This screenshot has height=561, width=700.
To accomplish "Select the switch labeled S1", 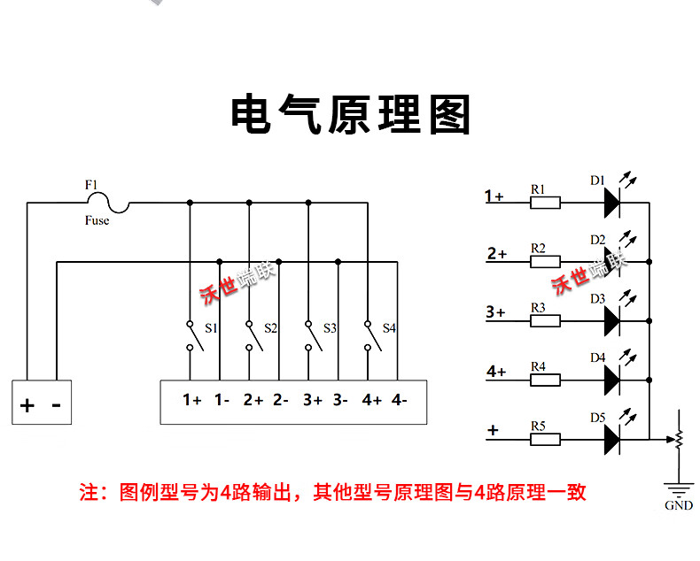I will point(190,335).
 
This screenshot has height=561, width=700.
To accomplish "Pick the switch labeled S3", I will point(308,335).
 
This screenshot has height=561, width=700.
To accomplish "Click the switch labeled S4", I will point(368,335).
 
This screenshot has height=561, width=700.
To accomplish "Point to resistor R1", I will point(544,204).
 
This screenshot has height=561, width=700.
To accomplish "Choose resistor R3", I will point(544,321).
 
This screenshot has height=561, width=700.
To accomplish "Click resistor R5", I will point(544,438).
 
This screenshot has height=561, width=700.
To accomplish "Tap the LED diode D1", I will point(612,204).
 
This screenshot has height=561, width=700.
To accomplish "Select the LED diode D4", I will point(612,380).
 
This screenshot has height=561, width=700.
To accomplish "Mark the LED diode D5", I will point(612,438).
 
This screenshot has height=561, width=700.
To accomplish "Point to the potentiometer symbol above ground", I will point(680,438).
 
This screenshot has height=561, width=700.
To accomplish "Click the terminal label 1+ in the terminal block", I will point(192,400).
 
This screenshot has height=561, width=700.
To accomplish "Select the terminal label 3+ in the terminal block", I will point(312,400).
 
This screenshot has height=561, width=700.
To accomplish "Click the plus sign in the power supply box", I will point(27,406).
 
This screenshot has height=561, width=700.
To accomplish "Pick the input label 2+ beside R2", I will point(497,254).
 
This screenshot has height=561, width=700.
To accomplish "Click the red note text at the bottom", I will point(332,493).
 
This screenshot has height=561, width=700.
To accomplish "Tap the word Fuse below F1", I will point(97,220).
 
